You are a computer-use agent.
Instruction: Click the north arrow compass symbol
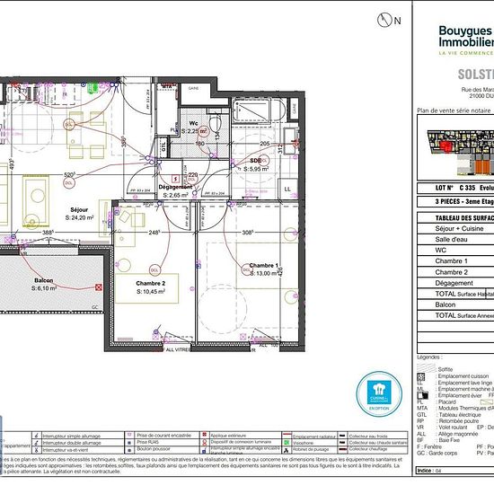tap(387, 18)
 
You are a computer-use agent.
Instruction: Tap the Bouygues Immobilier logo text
tap(465, 37)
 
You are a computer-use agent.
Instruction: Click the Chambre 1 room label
tap(265, 266)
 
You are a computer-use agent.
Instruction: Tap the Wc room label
tap(193, 124)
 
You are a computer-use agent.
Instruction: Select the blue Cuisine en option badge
tap(376, 392)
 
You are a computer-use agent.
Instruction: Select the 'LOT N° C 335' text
tap(454, 189)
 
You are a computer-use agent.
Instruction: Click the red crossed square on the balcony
tap(97, 288)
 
